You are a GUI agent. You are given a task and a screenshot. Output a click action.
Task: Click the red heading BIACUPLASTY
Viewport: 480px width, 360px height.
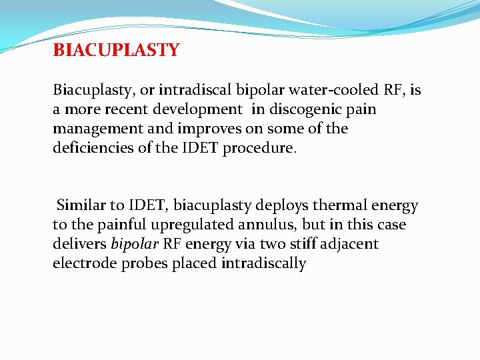point(116,51)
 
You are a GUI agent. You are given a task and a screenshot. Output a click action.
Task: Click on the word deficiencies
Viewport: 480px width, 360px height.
point(96,147)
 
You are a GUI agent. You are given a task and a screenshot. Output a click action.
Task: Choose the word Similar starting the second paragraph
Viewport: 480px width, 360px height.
point(81,206)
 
